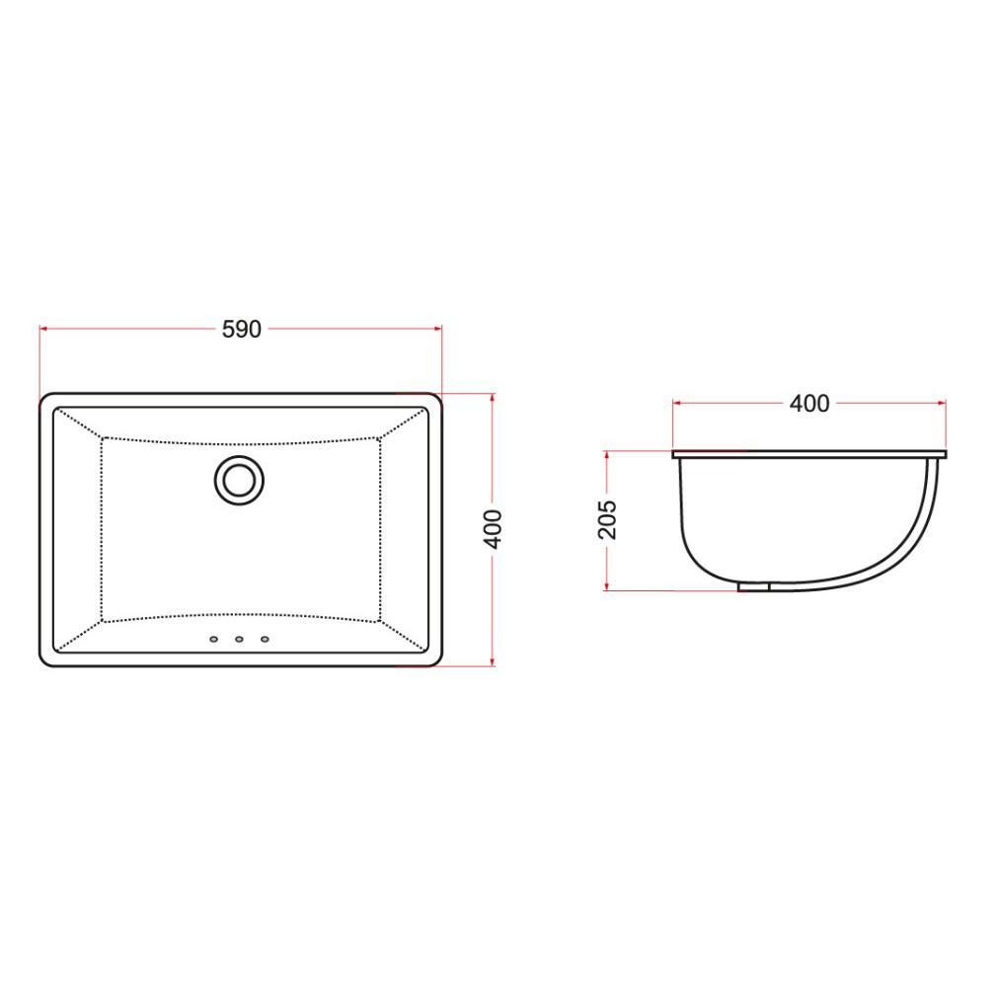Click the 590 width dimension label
coord(241,330)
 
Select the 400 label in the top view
coord(493,529)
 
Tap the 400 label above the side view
coord(809,404)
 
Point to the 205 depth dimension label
coord(608,520)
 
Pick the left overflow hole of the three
coord(214,639)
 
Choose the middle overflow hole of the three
coord(240,639)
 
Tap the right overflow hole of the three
coord(265,639)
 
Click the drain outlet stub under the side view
coord(754,586)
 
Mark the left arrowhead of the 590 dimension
coord(43,329)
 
